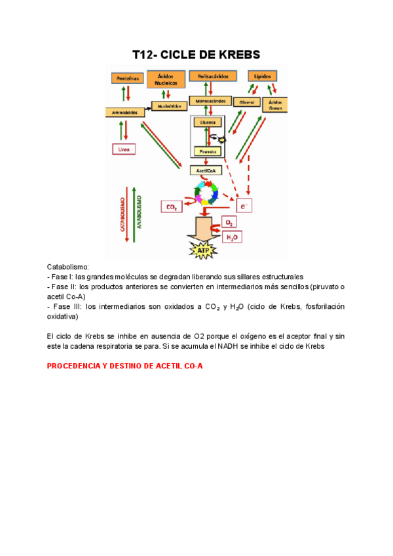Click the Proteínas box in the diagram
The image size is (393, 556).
pos(126,78)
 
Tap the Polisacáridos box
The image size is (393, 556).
pos(212,76)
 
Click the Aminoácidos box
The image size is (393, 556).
pos(124,112)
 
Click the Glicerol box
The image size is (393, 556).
pos(246,102)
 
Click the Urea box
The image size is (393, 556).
pos(124,149)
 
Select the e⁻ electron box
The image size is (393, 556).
pos(244,207)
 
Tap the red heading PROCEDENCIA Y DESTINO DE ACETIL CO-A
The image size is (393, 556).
pos(125,366)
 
